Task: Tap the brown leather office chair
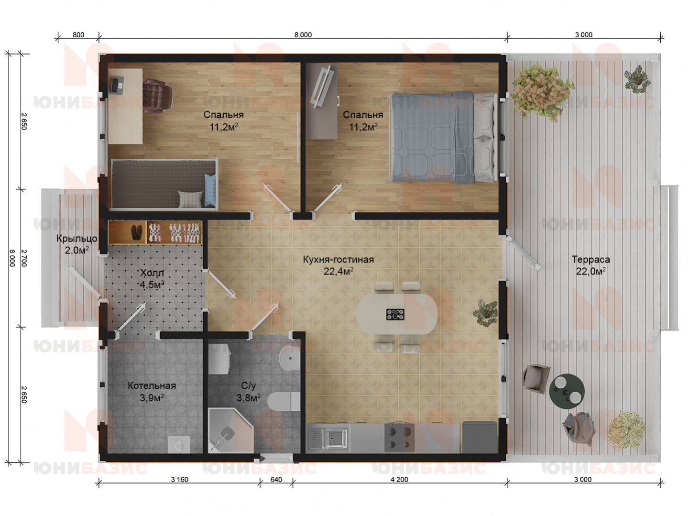(158, 96)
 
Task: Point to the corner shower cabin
(230, 430)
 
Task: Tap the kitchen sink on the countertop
(328, 438)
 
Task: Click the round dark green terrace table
(567, 391)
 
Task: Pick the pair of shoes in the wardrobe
(136, 232)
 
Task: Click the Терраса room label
(590, 260)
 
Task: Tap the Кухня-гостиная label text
(338, 260)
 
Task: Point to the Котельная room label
(152, 385)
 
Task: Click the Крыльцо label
(77, 239)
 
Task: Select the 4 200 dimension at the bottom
(400, 479)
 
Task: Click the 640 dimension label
(276, 479)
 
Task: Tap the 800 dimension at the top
(78, 34)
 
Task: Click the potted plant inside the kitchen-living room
(485, 313)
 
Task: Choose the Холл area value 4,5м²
(152, 285)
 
